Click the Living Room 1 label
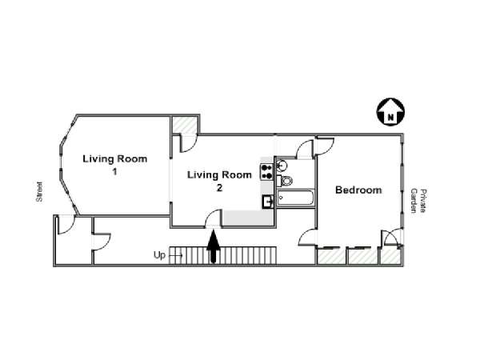pyautogui.click(x=114, y=165)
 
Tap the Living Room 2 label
pyautogui.click(x=219, y=182)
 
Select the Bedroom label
pyautogui.click(x=358, y=190)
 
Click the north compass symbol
pyautogui.click(x=390, y=111)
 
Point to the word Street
pyautogui.click(x=39, y=192)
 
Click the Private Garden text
pyautogui.click(x=418, y=201)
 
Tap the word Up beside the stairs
pyautogui.click(x=159, y=255)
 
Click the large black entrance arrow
pyautogui.click(x=214, y=246)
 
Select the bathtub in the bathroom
pyautogui.click(x=295, y=198)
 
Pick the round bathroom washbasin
pyautogui.click(x=282, y=166)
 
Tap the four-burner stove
pyautogui.click(x=266, y=172)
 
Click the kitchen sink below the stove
pyautogui.click(x=268, y=202)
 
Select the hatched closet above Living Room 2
pyautogui.click(x=184, y=125)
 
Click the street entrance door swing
pyautogui.click(x=66, y=224)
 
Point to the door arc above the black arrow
pyautogui.click(x=213, y=218)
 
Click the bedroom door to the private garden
pyautogui.click(x=392, y=238)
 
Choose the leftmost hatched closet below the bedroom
pyautogui.click(x=331, y=256)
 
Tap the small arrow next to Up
pyautogui.click(x=176, y=255)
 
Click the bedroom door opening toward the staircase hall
pyautogui.click(x=308, y=238)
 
